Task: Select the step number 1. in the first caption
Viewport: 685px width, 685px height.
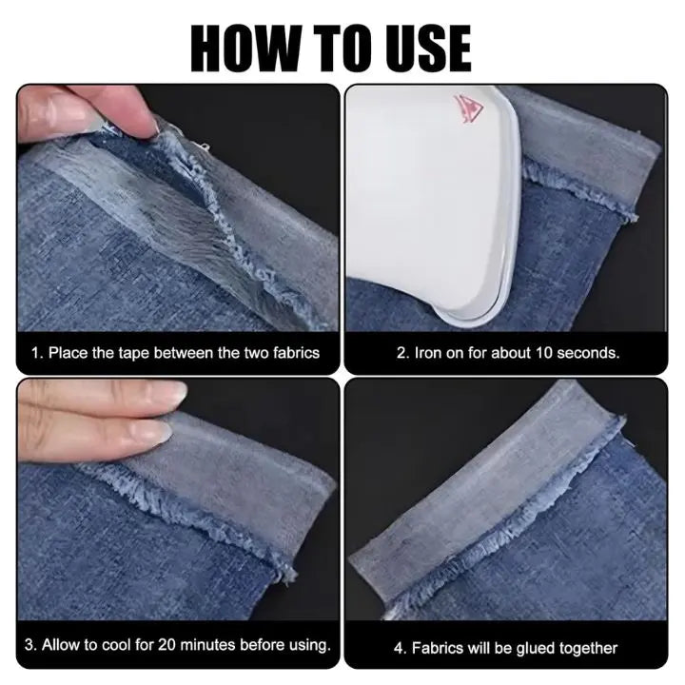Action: coord(37,353)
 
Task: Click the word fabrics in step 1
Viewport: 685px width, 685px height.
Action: coord(294,353)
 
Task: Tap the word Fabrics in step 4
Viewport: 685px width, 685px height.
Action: coord(436,648)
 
